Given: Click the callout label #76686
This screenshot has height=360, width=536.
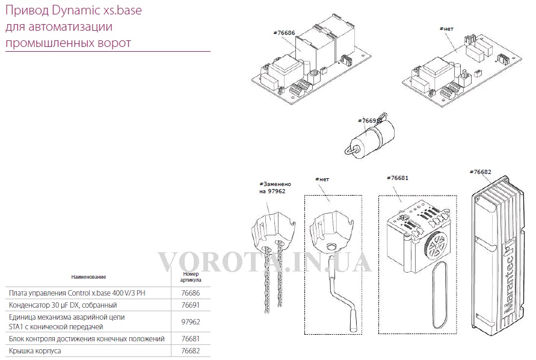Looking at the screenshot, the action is pos(284,33).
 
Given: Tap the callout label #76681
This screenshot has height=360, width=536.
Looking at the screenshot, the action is pos(398,178).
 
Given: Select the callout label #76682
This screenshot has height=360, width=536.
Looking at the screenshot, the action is pos(480,172).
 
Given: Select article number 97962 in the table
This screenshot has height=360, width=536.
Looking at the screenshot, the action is pos(191,321).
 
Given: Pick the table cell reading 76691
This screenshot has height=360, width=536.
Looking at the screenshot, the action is pos(191,305).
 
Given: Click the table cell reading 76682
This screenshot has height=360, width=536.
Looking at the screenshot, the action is pos(191,351).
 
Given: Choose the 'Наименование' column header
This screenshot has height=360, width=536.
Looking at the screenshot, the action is pos(88,277).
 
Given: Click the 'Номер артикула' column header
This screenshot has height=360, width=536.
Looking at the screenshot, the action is pos(191,277).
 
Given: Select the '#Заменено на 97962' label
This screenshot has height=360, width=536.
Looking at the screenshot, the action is pos(275,188).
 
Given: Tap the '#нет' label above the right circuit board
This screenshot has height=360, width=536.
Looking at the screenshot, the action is pos(446,29).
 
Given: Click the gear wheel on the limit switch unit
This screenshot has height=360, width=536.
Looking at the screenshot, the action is pos(435,244).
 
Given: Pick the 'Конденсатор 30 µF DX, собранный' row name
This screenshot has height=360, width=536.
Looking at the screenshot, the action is pos(63,305).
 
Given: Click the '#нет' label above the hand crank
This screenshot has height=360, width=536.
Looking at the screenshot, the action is pos(322,179).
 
